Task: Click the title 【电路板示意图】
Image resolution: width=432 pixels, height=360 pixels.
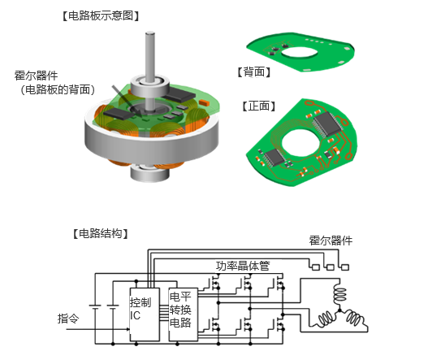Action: pos(101,16)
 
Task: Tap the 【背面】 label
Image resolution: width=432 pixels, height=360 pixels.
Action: pos(254,72)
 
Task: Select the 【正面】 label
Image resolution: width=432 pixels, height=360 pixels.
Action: pos(259,106)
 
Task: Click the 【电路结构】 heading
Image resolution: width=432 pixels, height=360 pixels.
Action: pos(101,233)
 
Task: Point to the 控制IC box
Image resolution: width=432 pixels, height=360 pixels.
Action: pos(145,314)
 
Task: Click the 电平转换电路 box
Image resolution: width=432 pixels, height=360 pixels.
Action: pos(184,314)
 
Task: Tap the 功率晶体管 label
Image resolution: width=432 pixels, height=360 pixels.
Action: pos(243,266)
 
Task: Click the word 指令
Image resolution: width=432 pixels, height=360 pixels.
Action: pos(68,319)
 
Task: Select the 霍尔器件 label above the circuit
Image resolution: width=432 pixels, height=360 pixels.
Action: pos(330,241)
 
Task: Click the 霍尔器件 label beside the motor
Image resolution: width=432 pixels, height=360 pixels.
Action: pos(36,76)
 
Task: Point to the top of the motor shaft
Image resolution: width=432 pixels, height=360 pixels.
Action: pos(150,33)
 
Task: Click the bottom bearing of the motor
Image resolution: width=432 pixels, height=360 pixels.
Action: pos(149,173)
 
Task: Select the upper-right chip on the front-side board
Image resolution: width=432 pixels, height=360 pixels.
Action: pos(328,124)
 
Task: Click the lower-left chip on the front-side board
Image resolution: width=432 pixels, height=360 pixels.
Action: pos(274,158)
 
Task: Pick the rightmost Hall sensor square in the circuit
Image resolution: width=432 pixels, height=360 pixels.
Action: pos(345,267)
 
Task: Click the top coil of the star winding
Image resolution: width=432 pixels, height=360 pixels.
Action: pos(339,294)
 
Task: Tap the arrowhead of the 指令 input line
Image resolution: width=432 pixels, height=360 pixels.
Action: pos(127,329)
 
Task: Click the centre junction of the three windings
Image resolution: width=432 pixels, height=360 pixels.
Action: pos(339,310)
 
